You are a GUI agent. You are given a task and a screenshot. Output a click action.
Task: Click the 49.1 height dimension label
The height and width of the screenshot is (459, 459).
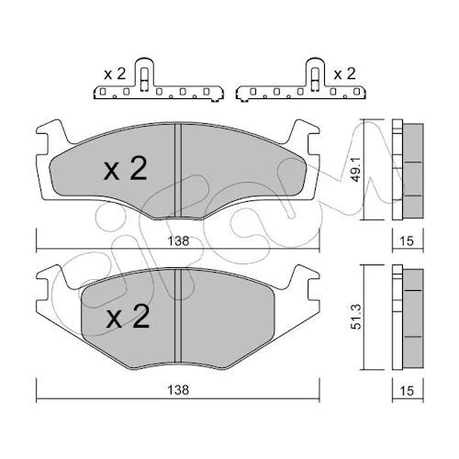(355, 170)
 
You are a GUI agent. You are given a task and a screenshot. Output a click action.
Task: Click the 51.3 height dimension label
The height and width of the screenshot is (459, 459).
(356, 317)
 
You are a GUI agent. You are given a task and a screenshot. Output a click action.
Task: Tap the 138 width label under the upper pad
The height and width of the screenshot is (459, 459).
(178, 241)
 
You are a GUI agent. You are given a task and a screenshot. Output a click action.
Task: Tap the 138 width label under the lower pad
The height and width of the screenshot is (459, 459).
(178, 390)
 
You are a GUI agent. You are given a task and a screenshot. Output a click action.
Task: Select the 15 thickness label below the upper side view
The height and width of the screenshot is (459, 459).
(407, 241)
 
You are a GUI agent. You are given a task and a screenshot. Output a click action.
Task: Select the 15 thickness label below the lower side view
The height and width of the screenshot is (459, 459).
(407, 391)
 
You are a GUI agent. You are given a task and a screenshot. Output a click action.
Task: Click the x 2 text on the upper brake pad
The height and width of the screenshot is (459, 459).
(126, 169)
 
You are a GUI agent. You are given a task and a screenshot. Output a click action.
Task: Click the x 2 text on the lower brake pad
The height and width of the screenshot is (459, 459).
(128, 317)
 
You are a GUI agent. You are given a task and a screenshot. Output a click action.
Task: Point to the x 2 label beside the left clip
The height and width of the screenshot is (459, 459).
(115, 74)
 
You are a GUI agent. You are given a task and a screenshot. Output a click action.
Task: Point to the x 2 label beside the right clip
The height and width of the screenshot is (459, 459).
(344, 74)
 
